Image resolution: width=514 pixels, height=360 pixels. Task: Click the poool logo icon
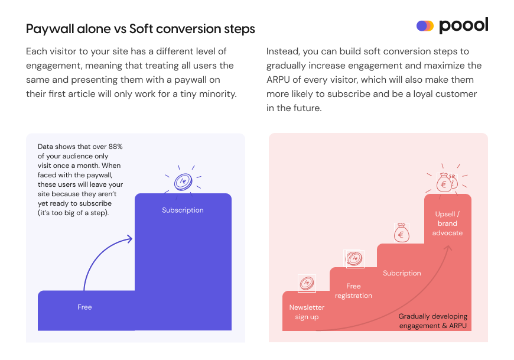tap(425, 26)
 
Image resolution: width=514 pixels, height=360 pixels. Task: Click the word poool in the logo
tap(464, 26)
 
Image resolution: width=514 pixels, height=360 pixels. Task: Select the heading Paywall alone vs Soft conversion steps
tap(141, 29)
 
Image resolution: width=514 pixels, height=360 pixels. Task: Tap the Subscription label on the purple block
tap(183, 210)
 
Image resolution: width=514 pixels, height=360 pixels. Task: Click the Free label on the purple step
tap(84, 307)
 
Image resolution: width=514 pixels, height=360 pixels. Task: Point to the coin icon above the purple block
tap(183, 181)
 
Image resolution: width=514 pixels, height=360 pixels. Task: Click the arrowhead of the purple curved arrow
tap(128, 238)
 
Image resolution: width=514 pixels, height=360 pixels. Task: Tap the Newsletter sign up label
tap(307, 312)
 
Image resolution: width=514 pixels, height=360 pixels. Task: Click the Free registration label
tap(353, 291)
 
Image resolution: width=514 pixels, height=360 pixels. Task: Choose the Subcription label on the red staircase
tap(402, 273)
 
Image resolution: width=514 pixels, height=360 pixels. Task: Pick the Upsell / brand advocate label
tap(447, 223)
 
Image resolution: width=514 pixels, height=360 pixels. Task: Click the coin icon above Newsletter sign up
tap(306, 284)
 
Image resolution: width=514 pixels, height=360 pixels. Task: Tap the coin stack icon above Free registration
tap(354, 259)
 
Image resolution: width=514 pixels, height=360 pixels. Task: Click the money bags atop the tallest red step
tap(447, 183)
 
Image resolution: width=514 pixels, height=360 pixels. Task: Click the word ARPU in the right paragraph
tap(279, 80)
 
